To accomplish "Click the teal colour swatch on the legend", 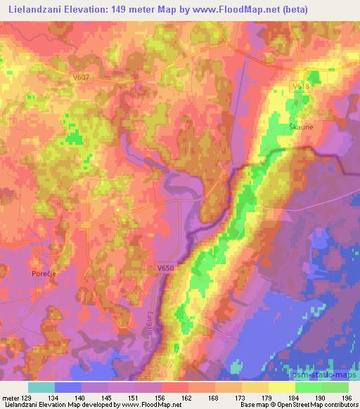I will click(x=41, y=387).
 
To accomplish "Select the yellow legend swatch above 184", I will click(x=281, y=387).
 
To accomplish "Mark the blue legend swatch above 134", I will click(x=68, y=387).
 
